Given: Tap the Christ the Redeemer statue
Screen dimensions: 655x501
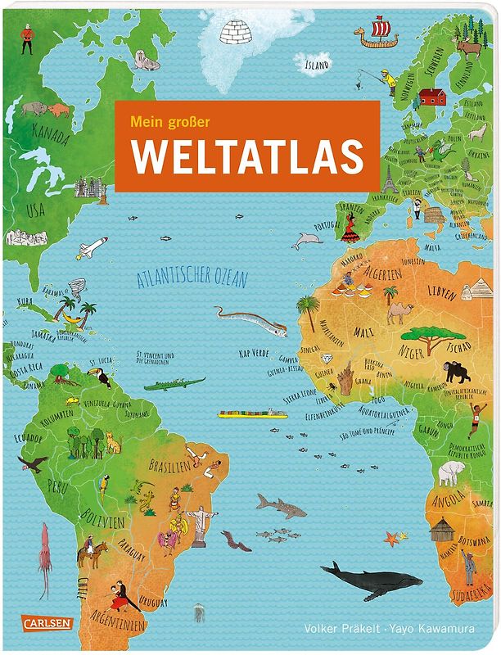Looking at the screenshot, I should tap(200, 524).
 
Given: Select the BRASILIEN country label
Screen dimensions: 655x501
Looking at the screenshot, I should tap(169, 464).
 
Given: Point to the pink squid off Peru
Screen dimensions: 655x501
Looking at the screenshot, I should tap(43, 547).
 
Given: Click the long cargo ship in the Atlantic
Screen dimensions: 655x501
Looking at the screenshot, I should tap(251, 413).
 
